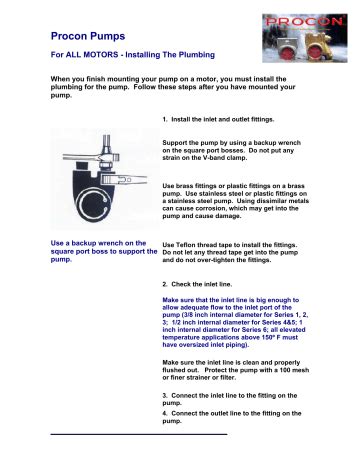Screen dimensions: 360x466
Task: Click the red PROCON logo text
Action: pos(304,22)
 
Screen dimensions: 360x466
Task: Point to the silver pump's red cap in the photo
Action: pos(286,54)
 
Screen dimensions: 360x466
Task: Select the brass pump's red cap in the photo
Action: pos(315,54)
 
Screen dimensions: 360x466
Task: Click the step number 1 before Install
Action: pos(165,120)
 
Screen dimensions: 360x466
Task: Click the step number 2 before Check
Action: pos(165,284)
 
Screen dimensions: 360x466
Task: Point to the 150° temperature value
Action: pos(267,337)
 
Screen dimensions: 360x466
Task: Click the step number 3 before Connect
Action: pos(165,396)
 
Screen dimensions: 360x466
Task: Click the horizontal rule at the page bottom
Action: pos(139,434)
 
